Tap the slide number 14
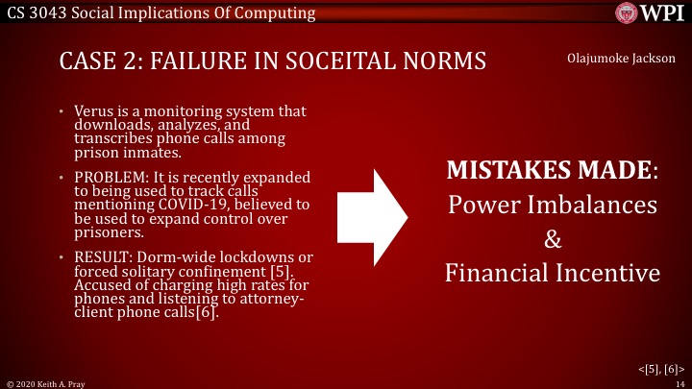click(679, 382)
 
